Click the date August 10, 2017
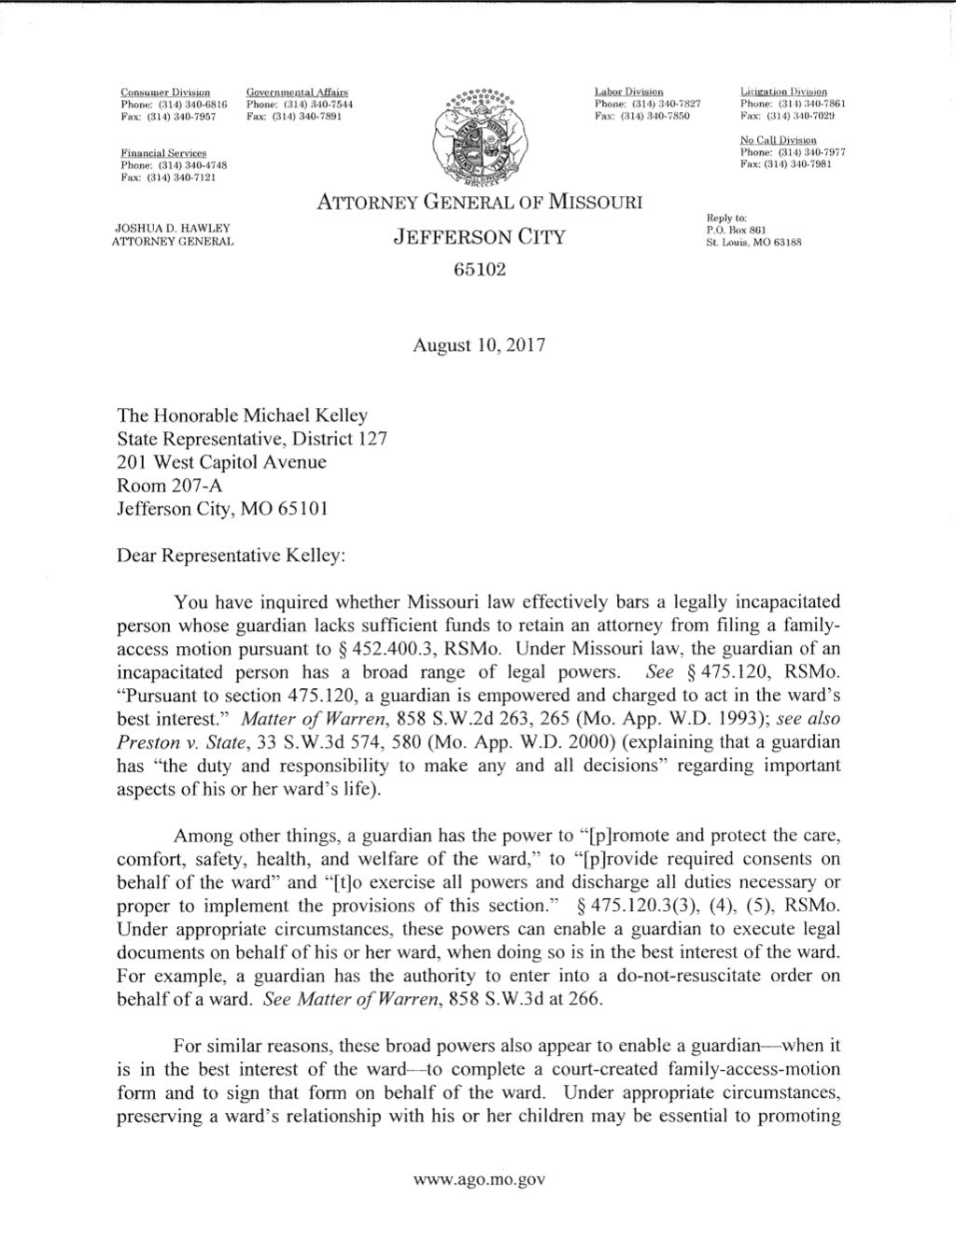(479, 344)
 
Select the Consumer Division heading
(165, 92)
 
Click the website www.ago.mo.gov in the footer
(479, 1179)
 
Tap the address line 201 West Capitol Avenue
(221, 461)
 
